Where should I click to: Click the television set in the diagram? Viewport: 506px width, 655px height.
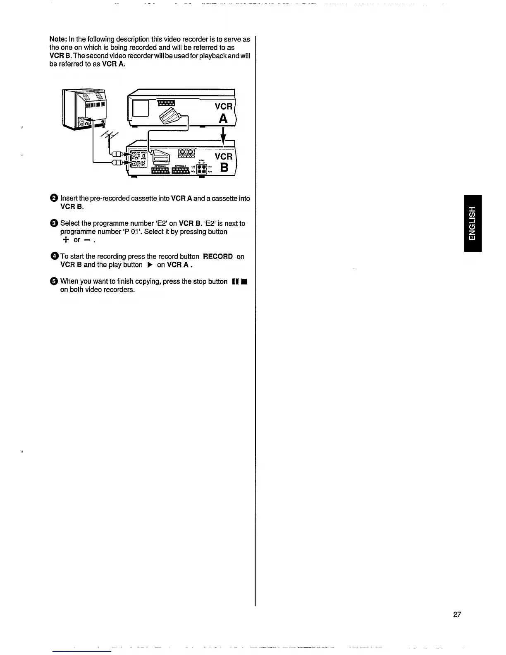(85, 109)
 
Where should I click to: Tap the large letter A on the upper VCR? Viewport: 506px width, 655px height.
(223, 119)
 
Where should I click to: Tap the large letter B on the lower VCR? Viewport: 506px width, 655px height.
(224, 167)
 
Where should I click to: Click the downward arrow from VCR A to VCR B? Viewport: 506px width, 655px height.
(223, 136)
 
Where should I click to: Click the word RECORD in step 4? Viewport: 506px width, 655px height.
(218, 256)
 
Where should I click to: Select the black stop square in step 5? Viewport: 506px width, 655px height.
(245, 282)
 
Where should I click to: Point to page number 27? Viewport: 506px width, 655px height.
(457, 614)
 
